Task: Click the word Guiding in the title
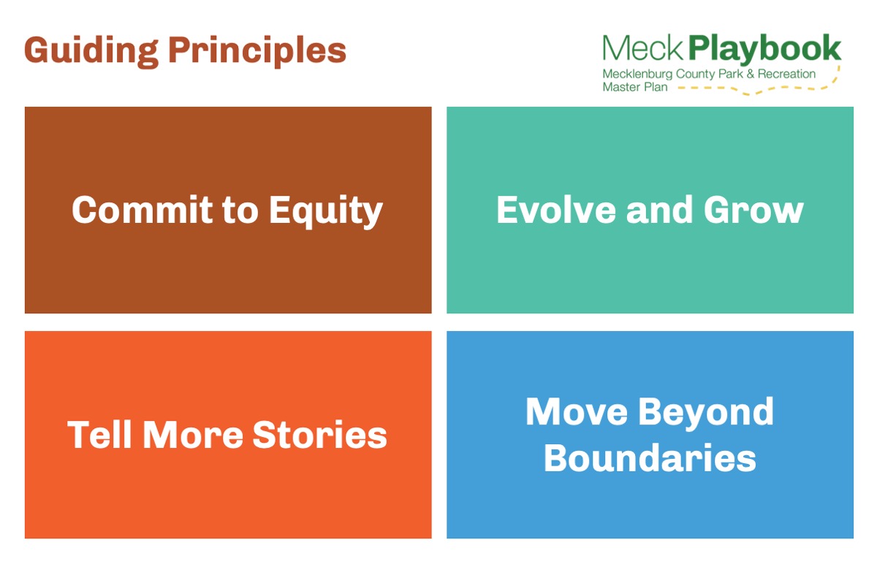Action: click(x=91, y=51)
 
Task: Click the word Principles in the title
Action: click(x=257, y=51)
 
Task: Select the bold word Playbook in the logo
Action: click(x=764, y=50)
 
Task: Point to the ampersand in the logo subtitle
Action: click(x=750, y=74)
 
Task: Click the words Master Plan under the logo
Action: click(x=634, y=87)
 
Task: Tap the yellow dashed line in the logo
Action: click(x=759, y=87)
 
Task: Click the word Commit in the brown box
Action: click(x=142, y=210)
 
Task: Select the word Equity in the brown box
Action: click(x=326, y=212)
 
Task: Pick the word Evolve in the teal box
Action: click(x=556, y=210)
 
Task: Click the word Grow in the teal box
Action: click(x=753, y=210)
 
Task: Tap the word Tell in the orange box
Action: click(x=99, y=434)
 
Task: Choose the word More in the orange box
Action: click(x=193, y=434)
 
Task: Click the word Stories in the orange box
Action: click(x=320, y=434)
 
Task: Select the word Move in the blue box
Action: click(x=577, y=411)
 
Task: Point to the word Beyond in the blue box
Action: click(x=706, y=414)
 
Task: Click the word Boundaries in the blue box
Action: click(x=650, y=458)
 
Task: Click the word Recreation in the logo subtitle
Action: click(x=786, y=74)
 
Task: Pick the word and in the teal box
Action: click(x=659, y=210)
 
